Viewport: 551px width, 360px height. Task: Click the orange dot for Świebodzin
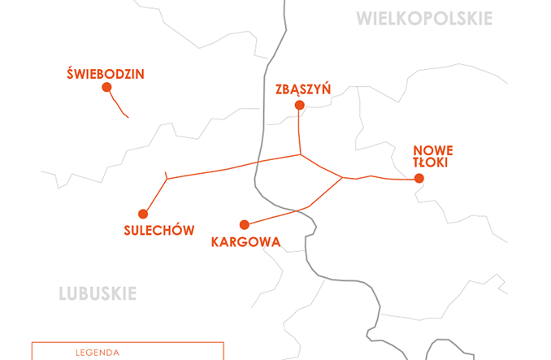106,88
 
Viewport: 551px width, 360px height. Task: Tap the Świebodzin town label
106,74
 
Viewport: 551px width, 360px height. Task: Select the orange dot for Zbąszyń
299,106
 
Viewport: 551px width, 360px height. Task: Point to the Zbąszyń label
303,89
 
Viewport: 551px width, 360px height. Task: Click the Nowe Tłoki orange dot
419,179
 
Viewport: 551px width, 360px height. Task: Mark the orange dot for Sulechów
143,214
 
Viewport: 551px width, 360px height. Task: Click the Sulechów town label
159,230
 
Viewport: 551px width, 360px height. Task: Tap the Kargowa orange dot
244,224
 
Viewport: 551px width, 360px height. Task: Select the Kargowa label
245,241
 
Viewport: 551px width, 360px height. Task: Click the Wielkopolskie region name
424,19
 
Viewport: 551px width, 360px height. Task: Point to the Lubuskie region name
98,293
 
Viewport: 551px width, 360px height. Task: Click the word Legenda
97,353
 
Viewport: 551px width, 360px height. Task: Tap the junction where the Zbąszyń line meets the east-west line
301,154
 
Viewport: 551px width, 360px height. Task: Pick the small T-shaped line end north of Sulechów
166,176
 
